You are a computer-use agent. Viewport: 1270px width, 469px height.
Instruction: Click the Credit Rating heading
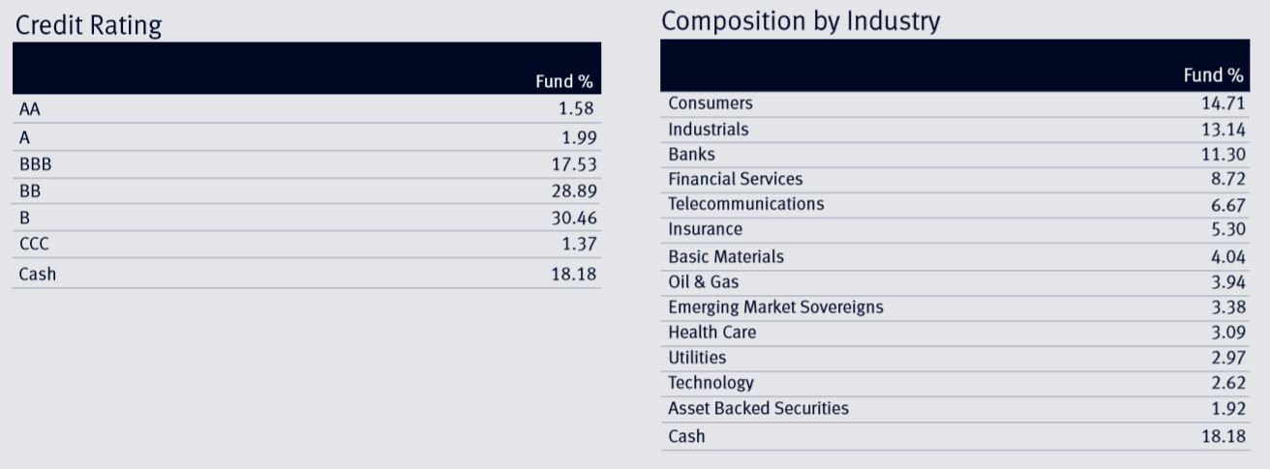click(x=88, y=26)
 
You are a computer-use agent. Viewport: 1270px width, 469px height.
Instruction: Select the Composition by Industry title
click(x=801, y=21)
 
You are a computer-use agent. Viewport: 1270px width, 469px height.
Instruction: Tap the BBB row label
click(x=35, y=164)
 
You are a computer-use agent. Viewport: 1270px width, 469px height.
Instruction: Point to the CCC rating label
click(x=34, y=246)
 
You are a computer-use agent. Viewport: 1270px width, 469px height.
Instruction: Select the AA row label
click(x=29, y=109)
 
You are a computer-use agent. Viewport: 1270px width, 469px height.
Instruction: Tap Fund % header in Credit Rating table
click(x=563, y=82)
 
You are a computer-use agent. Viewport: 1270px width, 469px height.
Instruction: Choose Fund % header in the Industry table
click(x=1213, y=75)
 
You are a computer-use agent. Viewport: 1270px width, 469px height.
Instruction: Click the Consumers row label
click(x=710, y=103)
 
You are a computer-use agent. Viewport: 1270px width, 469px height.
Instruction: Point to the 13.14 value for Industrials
click(x=1223, y=130)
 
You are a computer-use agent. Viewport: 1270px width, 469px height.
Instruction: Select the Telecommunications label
click(x=745, y=204)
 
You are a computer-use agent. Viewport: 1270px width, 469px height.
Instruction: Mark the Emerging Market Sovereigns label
click(x=775, y=308)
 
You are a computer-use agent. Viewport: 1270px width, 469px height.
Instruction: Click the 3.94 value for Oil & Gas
click(x=1226, y=282)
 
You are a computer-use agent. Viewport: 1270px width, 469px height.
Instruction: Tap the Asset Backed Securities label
click(x=758, y=408)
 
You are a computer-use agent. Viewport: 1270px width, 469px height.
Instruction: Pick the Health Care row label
click(x=711, y=333)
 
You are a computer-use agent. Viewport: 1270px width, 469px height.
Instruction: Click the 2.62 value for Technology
click(x=1226, y=383)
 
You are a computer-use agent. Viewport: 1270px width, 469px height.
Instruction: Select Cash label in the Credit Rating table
click(x=38, y=274)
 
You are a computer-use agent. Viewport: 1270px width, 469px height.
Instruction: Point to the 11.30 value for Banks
click(x=1223, y=155)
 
